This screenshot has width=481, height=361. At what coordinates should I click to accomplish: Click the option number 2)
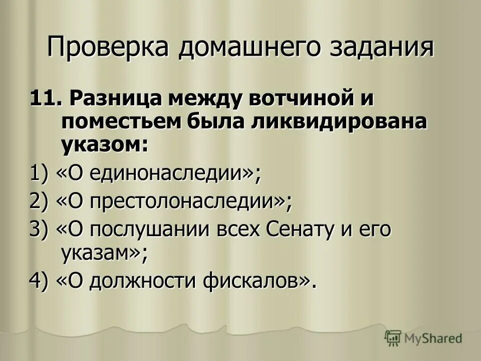(39, 202)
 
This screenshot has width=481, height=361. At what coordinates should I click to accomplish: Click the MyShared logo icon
(393, 338)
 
